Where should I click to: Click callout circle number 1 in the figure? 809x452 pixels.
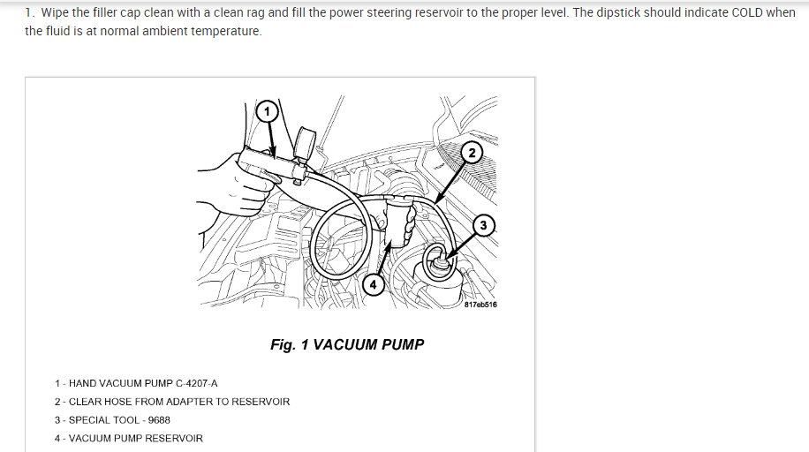click(x=267, y=111)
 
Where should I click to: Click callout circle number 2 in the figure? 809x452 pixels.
click(x=473, y=153)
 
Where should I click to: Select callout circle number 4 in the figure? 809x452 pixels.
click(x=374, y=285)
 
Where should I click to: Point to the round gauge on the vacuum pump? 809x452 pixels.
click(x=306, y=141)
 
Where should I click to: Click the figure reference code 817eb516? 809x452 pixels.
click(x=480, y=305)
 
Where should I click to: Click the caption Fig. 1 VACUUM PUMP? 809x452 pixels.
click(x=347, y=344)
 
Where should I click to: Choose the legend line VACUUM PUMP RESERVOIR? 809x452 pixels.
click(x=135, y=439)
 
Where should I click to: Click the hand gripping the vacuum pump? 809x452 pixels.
click(x=237, y=177)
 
